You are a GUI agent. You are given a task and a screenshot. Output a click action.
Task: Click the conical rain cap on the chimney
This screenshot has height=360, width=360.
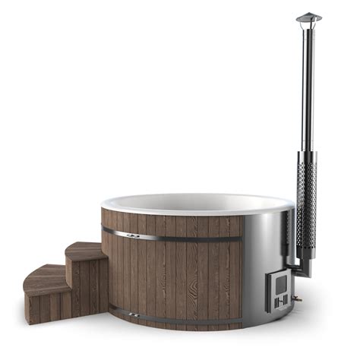click(x=308, y=17)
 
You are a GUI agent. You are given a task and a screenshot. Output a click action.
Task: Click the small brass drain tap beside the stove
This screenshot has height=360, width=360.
click(x=298, y=298)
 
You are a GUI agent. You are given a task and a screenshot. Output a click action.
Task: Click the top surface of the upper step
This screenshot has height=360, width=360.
click(x=85, y=249)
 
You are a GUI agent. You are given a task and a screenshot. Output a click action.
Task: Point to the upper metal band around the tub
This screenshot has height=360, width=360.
click(x=182, y=237)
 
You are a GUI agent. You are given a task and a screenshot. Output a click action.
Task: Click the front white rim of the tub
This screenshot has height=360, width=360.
click(x=190, y=213)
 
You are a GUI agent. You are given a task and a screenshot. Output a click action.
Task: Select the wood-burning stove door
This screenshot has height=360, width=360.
click(x=280, y=293)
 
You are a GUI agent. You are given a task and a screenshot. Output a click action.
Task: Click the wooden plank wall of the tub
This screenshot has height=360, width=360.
click(x=182, y=273)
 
